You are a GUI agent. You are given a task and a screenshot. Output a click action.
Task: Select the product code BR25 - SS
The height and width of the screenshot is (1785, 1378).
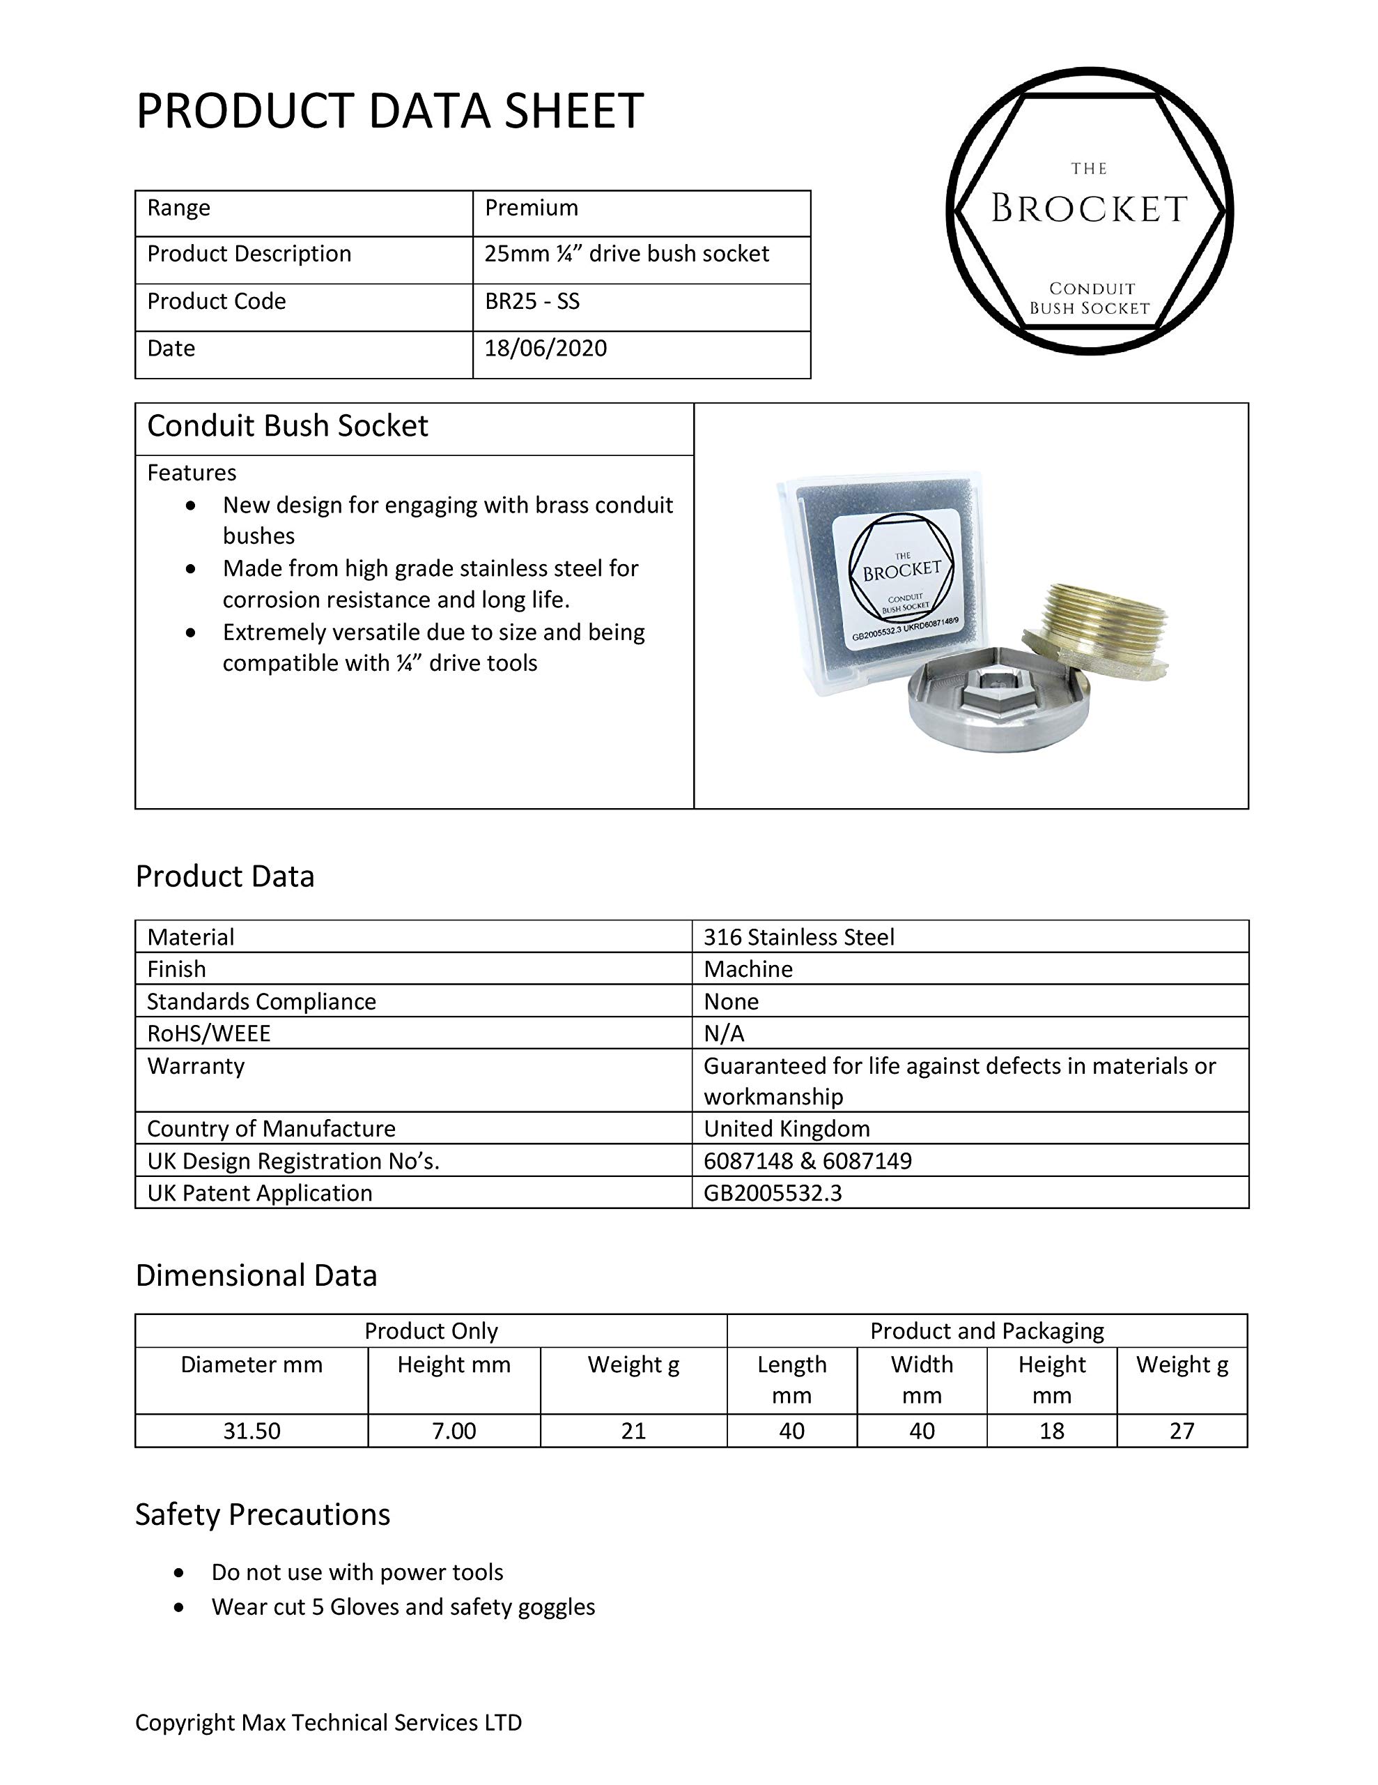(x=532, y=302)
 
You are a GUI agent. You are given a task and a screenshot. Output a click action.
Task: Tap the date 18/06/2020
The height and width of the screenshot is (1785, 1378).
(x=545, y=348)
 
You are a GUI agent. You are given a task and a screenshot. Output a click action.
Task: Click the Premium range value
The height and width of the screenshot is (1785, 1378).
(x=531, y=208)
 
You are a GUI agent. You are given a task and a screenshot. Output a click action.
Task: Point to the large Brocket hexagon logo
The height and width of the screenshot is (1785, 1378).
(x=1090, y=211)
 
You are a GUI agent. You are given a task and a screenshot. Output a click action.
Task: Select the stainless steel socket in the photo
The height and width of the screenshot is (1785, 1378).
(x=998, y=701)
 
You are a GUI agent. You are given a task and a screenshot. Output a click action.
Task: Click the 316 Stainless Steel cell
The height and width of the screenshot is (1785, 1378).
(x=799, y=936)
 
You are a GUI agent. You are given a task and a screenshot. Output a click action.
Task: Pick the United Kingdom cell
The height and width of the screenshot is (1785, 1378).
(x=787, y=1129)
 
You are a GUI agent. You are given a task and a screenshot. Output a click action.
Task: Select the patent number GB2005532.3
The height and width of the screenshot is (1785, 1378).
(x=773, y=1193)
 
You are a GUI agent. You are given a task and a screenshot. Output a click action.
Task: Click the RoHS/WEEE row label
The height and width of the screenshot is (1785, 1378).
(x=208, y=1034)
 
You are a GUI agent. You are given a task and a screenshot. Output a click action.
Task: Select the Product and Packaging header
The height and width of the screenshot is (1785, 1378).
(x=986, y=1331)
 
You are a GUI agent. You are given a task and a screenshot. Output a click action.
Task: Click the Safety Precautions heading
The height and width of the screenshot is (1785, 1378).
(x=262, y=1514)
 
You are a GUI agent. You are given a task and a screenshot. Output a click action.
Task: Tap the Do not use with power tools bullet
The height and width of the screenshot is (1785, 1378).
(x=357, y=1572)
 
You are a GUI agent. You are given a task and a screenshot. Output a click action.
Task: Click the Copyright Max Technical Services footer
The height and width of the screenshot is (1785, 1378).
(x=328, y=1723)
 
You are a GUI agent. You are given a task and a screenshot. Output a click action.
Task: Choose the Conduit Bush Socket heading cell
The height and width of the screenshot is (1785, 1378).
(x=288, y=427)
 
